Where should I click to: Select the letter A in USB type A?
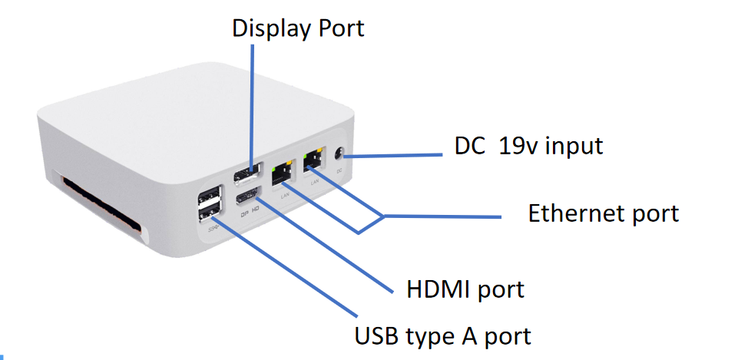pyautogui.click(x=470, y=335)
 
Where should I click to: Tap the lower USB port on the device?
pyautogui.click(x=210, y=210)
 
